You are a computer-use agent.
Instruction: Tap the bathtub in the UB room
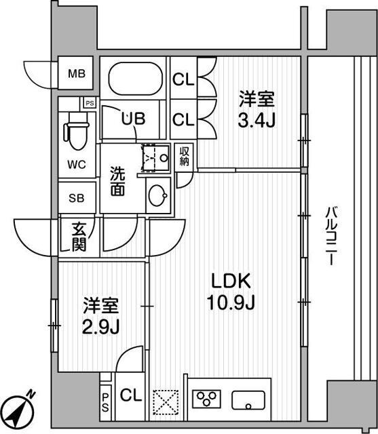[x=134, y=80]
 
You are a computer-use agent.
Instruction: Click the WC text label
[x=76, y=165]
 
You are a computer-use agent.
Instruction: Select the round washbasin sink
[x=158, y=197]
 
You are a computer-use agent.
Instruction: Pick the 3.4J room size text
[x=257, y=121]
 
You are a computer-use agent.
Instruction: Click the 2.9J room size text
[x=102, y=327]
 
